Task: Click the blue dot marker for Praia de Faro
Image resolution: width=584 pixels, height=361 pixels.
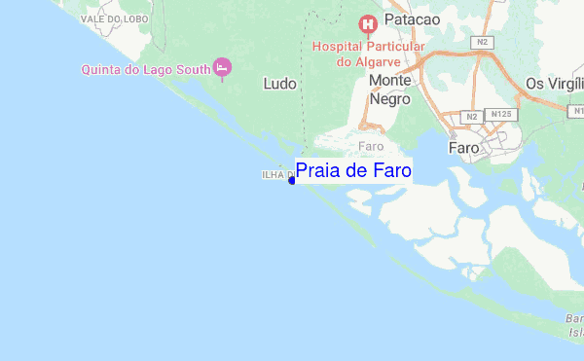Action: click(292, 180)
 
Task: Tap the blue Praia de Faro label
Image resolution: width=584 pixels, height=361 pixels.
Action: click(353, 171)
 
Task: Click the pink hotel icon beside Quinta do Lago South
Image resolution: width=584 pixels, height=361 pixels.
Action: click(222, 67)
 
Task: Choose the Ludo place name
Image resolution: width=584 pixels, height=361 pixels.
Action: click(279, 85)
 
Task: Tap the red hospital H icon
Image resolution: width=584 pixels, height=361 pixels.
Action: click(368, 23)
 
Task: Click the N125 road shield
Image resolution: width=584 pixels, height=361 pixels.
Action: click(502, 115)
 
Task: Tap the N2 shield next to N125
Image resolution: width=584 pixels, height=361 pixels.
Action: click(471, 117)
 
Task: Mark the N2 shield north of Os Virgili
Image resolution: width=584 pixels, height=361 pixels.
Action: click(483, 43)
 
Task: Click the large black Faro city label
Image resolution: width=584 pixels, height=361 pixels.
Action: click(462, 148)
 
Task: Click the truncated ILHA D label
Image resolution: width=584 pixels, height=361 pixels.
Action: click(275, 175)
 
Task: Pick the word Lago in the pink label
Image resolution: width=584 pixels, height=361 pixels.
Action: click(162, 68)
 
